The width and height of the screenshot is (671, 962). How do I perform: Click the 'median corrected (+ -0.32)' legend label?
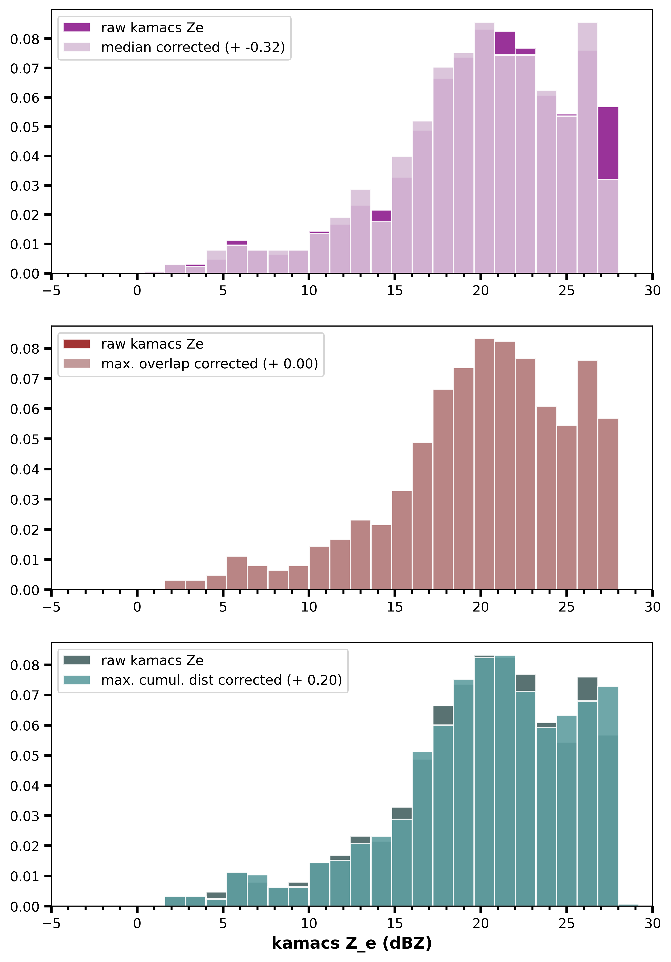[193, 47]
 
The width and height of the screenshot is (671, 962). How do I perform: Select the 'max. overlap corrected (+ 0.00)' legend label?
[209, 364]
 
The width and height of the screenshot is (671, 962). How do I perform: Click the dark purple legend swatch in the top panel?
[77, 28]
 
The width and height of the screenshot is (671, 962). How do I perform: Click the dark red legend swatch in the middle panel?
[77, 344]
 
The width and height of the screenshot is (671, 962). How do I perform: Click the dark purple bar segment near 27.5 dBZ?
[608, 142]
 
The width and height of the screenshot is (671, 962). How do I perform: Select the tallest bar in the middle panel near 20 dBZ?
[484, 461]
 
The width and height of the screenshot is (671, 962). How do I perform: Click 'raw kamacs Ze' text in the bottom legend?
[152, 660]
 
